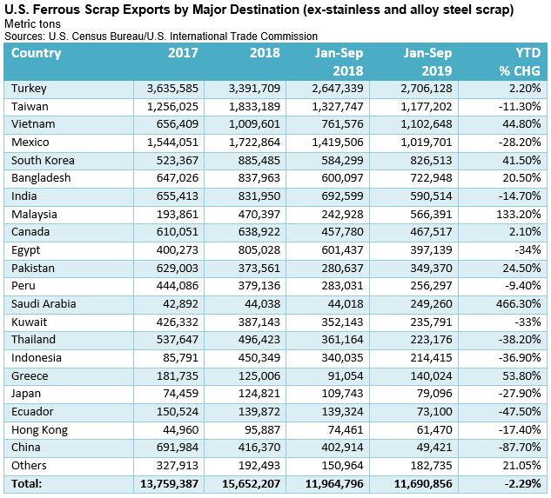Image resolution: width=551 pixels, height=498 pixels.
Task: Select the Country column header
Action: coord(37,53)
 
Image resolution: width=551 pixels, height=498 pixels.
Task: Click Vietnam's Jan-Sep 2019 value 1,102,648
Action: coord(424,124)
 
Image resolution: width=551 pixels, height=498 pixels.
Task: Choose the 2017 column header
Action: coord(183,53)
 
